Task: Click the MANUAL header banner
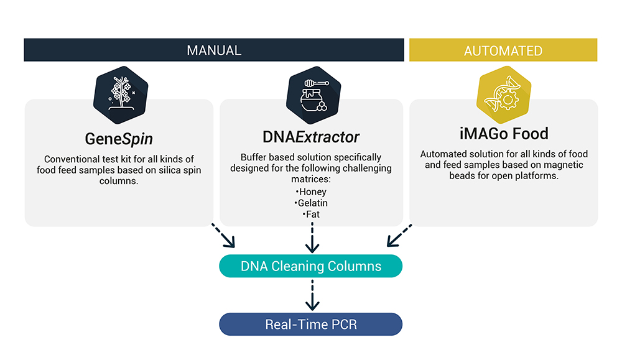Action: tap(214, 50)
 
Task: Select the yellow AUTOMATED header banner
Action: tap(503, 50)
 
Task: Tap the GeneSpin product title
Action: tap(119, 139)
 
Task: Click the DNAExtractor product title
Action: tap(310, 137)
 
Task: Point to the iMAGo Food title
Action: tap(504, 134)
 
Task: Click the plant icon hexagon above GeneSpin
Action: tap(121, 95)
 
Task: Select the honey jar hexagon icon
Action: tap(313, 95)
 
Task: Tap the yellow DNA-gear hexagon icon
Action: tap(504, 95)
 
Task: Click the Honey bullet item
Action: tap(311, 192)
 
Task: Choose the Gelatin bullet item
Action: tap(311, 203)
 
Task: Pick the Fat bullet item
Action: tap(311, 215)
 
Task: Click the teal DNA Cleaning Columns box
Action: tap(310, 266)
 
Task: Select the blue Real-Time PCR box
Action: tap(310, 325)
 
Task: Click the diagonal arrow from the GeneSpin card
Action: tap(223, 236)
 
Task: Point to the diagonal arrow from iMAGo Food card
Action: tap(399, 236)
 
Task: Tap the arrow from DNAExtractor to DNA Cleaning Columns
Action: tap(312, 238)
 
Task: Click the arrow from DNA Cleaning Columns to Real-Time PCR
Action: tap(312, 295)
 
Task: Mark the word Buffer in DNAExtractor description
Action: tap(253, 157)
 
